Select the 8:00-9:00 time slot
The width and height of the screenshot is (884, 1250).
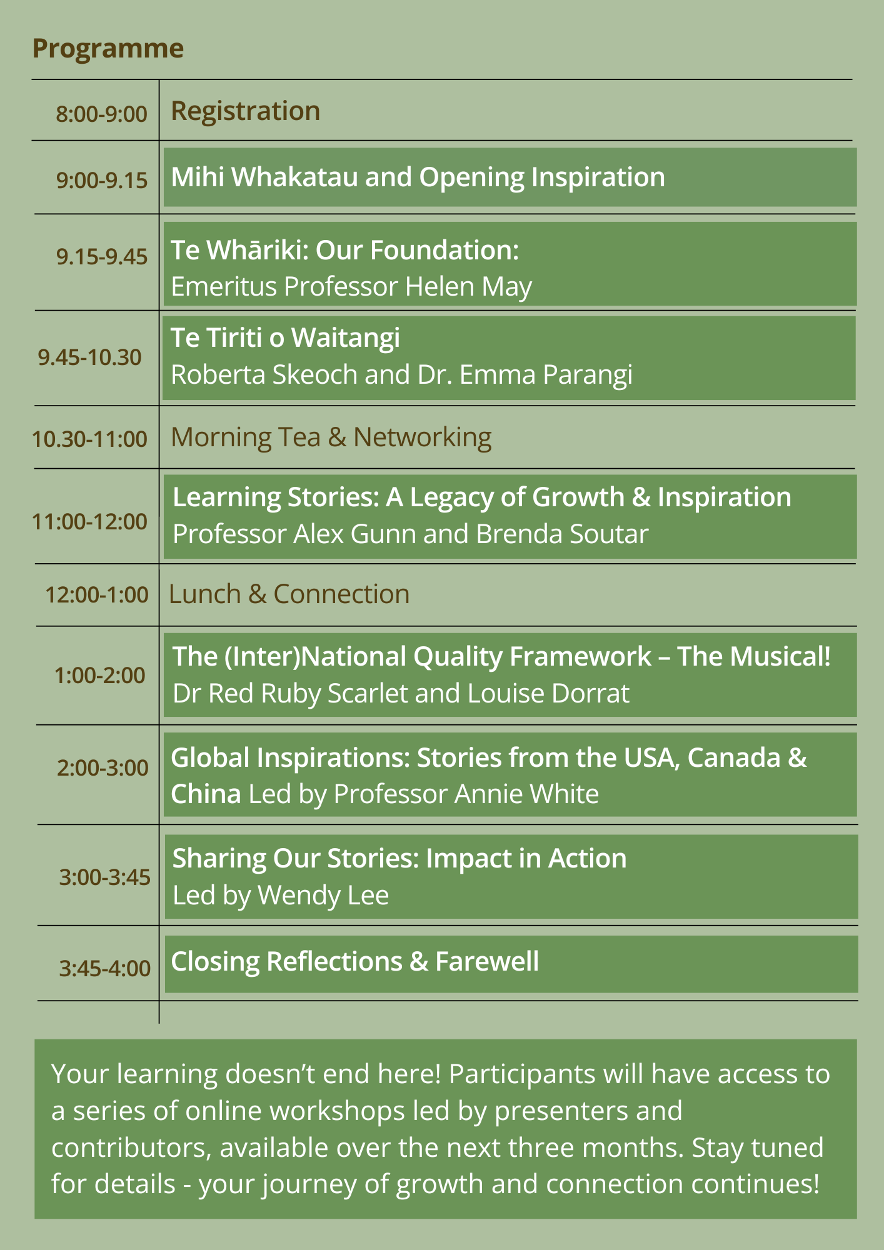coord(102,114)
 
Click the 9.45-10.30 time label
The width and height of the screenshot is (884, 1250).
coord(90,357)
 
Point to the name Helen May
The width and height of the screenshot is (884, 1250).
coord(468,287)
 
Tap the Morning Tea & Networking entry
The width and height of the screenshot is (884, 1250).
coord(331,437)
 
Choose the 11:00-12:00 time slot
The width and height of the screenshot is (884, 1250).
coord(90,521)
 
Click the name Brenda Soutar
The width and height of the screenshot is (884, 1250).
coord(562,534)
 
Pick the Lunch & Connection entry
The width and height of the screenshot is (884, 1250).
coord(289,594)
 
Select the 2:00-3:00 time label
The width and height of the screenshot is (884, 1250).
coord(103,767)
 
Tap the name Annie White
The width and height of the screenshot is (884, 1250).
coord(526,794)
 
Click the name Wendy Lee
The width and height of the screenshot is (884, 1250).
coord(323,896)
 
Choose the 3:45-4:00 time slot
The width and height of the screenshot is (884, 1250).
coord(105,969)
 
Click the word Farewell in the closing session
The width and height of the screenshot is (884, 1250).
coord(487,961)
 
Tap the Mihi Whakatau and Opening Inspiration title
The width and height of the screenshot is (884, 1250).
coord(418,177)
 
